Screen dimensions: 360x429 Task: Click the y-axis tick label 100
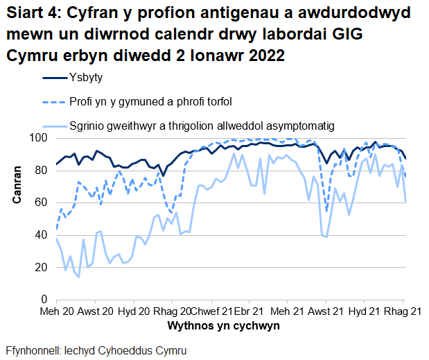(39, 138)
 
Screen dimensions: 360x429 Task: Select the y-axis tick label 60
(42, 203)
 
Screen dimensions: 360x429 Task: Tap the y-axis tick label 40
(42, 234)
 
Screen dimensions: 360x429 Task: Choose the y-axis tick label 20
(42, 267)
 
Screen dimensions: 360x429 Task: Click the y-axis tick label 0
(44, 299)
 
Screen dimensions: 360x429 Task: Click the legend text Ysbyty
(85, 78)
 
